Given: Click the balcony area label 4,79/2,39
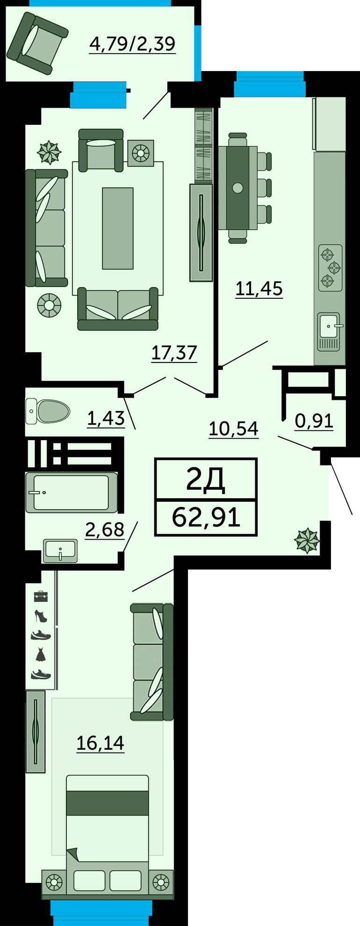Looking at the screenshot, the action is click(x=132, y=44).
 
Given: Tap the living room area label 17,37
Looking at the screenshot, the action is click(x=174, y=353).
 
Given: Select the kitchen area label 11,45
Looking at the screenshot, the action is click(x=259, y=289).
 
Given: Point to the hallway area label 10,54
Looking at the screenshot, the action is click(x=233, y=428).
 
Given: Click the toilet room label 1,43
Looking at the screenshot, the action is click(x=106, y=418).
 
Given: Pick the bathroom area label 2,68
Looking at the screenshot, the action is click(x=104, y=530).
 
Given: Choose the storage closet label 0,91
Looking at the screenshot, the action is click(x=314, y=421).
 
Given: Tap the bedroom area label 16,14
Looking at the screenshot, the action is click(x=101, y=743).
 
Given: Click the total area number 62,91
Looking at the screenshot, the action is click(x=206, y=517).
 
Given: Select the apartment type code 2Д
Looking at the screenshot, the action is click(x=206, y=479).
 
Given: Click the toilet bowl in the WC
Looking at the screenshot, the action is click(x=48, y=411).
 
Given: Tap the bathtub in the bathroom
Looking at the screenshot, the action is click(x=72, y=492).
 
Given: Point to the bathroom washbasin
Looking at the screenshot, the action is click(x=60, y=550).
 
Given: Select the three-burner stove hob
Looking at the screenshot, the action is click(x=331, y=268).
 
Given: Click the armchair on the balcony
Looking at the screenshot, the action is click(x=37, y=43).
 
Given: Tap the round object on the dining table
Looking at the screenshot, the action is click(x=238, y=188).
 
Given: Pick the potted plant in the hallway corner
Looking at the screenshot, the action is click(x=307, y=540).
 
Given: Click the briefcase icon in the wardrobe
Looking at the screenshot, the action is click(x=41, y=596).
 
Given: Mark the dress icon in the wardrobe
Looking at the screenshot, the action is click(x=41, y=654).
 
